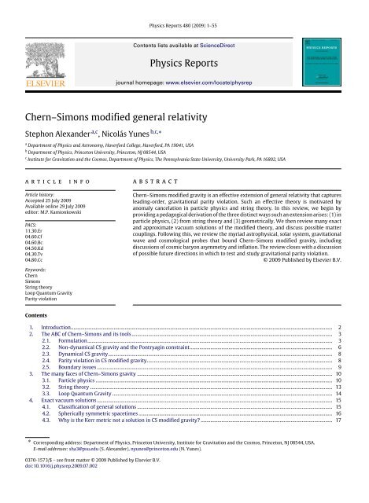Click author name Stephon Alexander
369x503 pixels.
(x=50, y=116)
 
